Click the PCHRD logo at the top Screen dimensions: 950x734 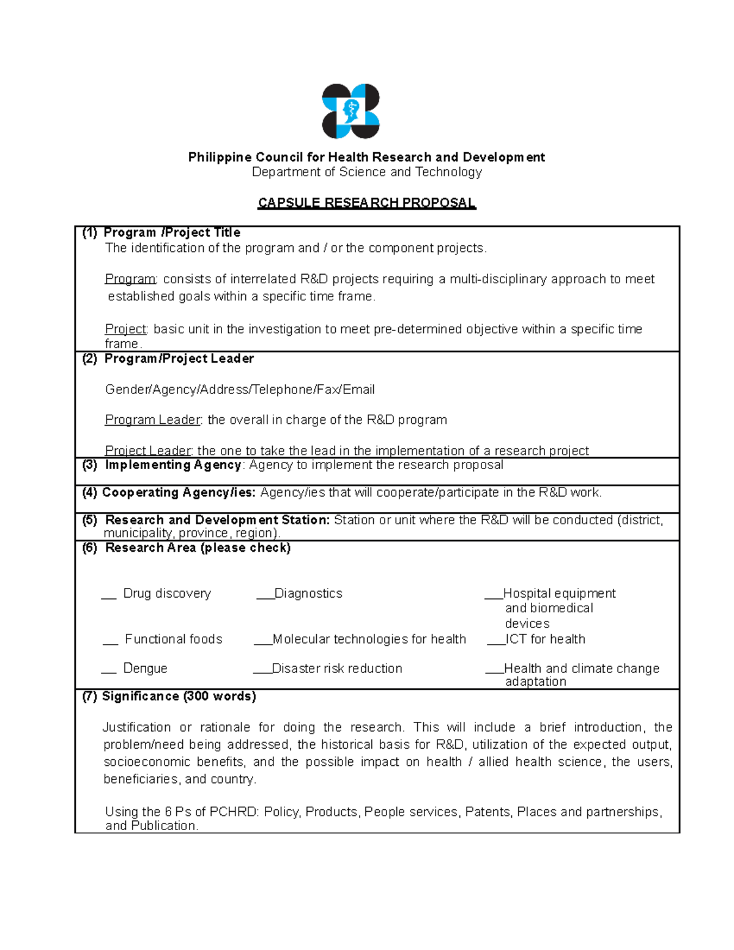coord(350,111)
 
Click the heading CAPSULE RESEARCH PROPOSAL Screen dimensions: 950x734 coord(366,203)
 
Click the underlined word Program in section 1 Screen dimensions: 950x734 coord(130,280)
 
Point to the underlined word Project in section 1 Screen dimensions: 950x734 coord(125,329)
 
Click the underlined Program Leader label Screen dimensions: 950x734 coord(152,420)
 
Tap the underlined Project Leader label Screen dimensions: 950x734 coord(148,451)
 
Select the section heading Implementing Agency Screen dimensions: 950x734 coord(173,465)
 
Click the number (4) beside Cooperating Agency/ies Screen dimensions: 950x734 coord(89,492)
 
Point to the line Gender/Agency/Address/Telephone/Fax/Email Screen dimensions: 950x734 coord(240,390)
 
